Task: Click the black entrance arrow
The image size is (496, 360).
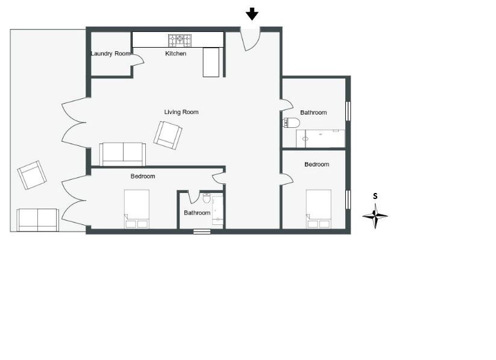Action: pyautogui.click(x=252, y=14)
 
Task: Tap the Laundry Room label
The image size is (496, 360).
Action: pyautogui.click(x=110, y=54)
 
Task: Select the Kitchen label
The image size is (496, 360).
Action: pyautogui.click(x=175, y=54)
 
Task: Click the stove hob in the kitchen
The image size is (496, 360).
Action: pyautogui.click(x=180, y=40)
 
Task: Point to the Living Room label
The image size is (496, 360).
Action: pyautogui.click(x=181, y=112)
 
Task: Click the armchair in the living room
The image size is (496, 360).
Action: pyautogui.click(x=168, y=135)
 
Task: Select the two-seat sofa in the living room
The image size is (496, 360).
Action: pyautogui.click(x=123, y=154)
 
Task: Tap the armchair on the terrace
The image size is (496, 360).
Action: pyautogui.click(x=32, y=175)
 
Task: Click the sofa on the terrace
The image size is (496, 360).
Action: pyautogui.click(x=37, y=219)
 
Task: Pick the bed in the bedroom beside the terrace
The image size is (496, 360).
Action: pyautogui.click(x=137, y=209)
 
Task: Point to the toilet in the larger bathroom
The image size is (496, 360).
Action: pyautogui.click(x=291, y=122)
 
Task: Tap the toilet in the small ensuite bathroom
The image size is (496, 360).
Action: pyautogui.click(x=207, y=198)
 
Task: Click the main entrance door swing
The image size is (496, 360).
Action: pyautogui.click(x=251, y=39)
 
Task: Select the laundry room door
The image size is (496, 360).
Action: pyautogui.click(x=137, y=60)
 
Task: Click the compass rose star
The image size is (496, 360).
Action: pyautogui.click(x=375, y=216)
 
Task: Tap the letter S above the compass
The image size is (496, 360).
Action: pyautogui.click(x=375, y=197)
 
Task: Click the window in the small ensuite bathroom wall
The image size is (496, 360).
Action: pyautogui.click(x=202, y=232)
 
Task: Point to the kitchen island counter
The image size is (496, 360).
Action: pyautogui.click(x=211, y=62)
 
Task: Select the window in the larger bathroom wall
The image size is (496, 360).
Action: pyautogui.click(x=348, y=111)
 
